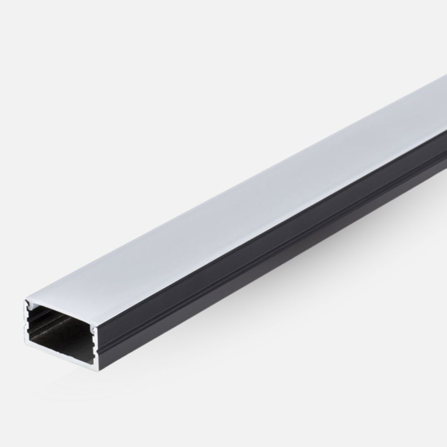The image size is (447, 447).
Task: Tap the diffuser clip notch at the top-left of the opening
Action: point(30,305)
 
